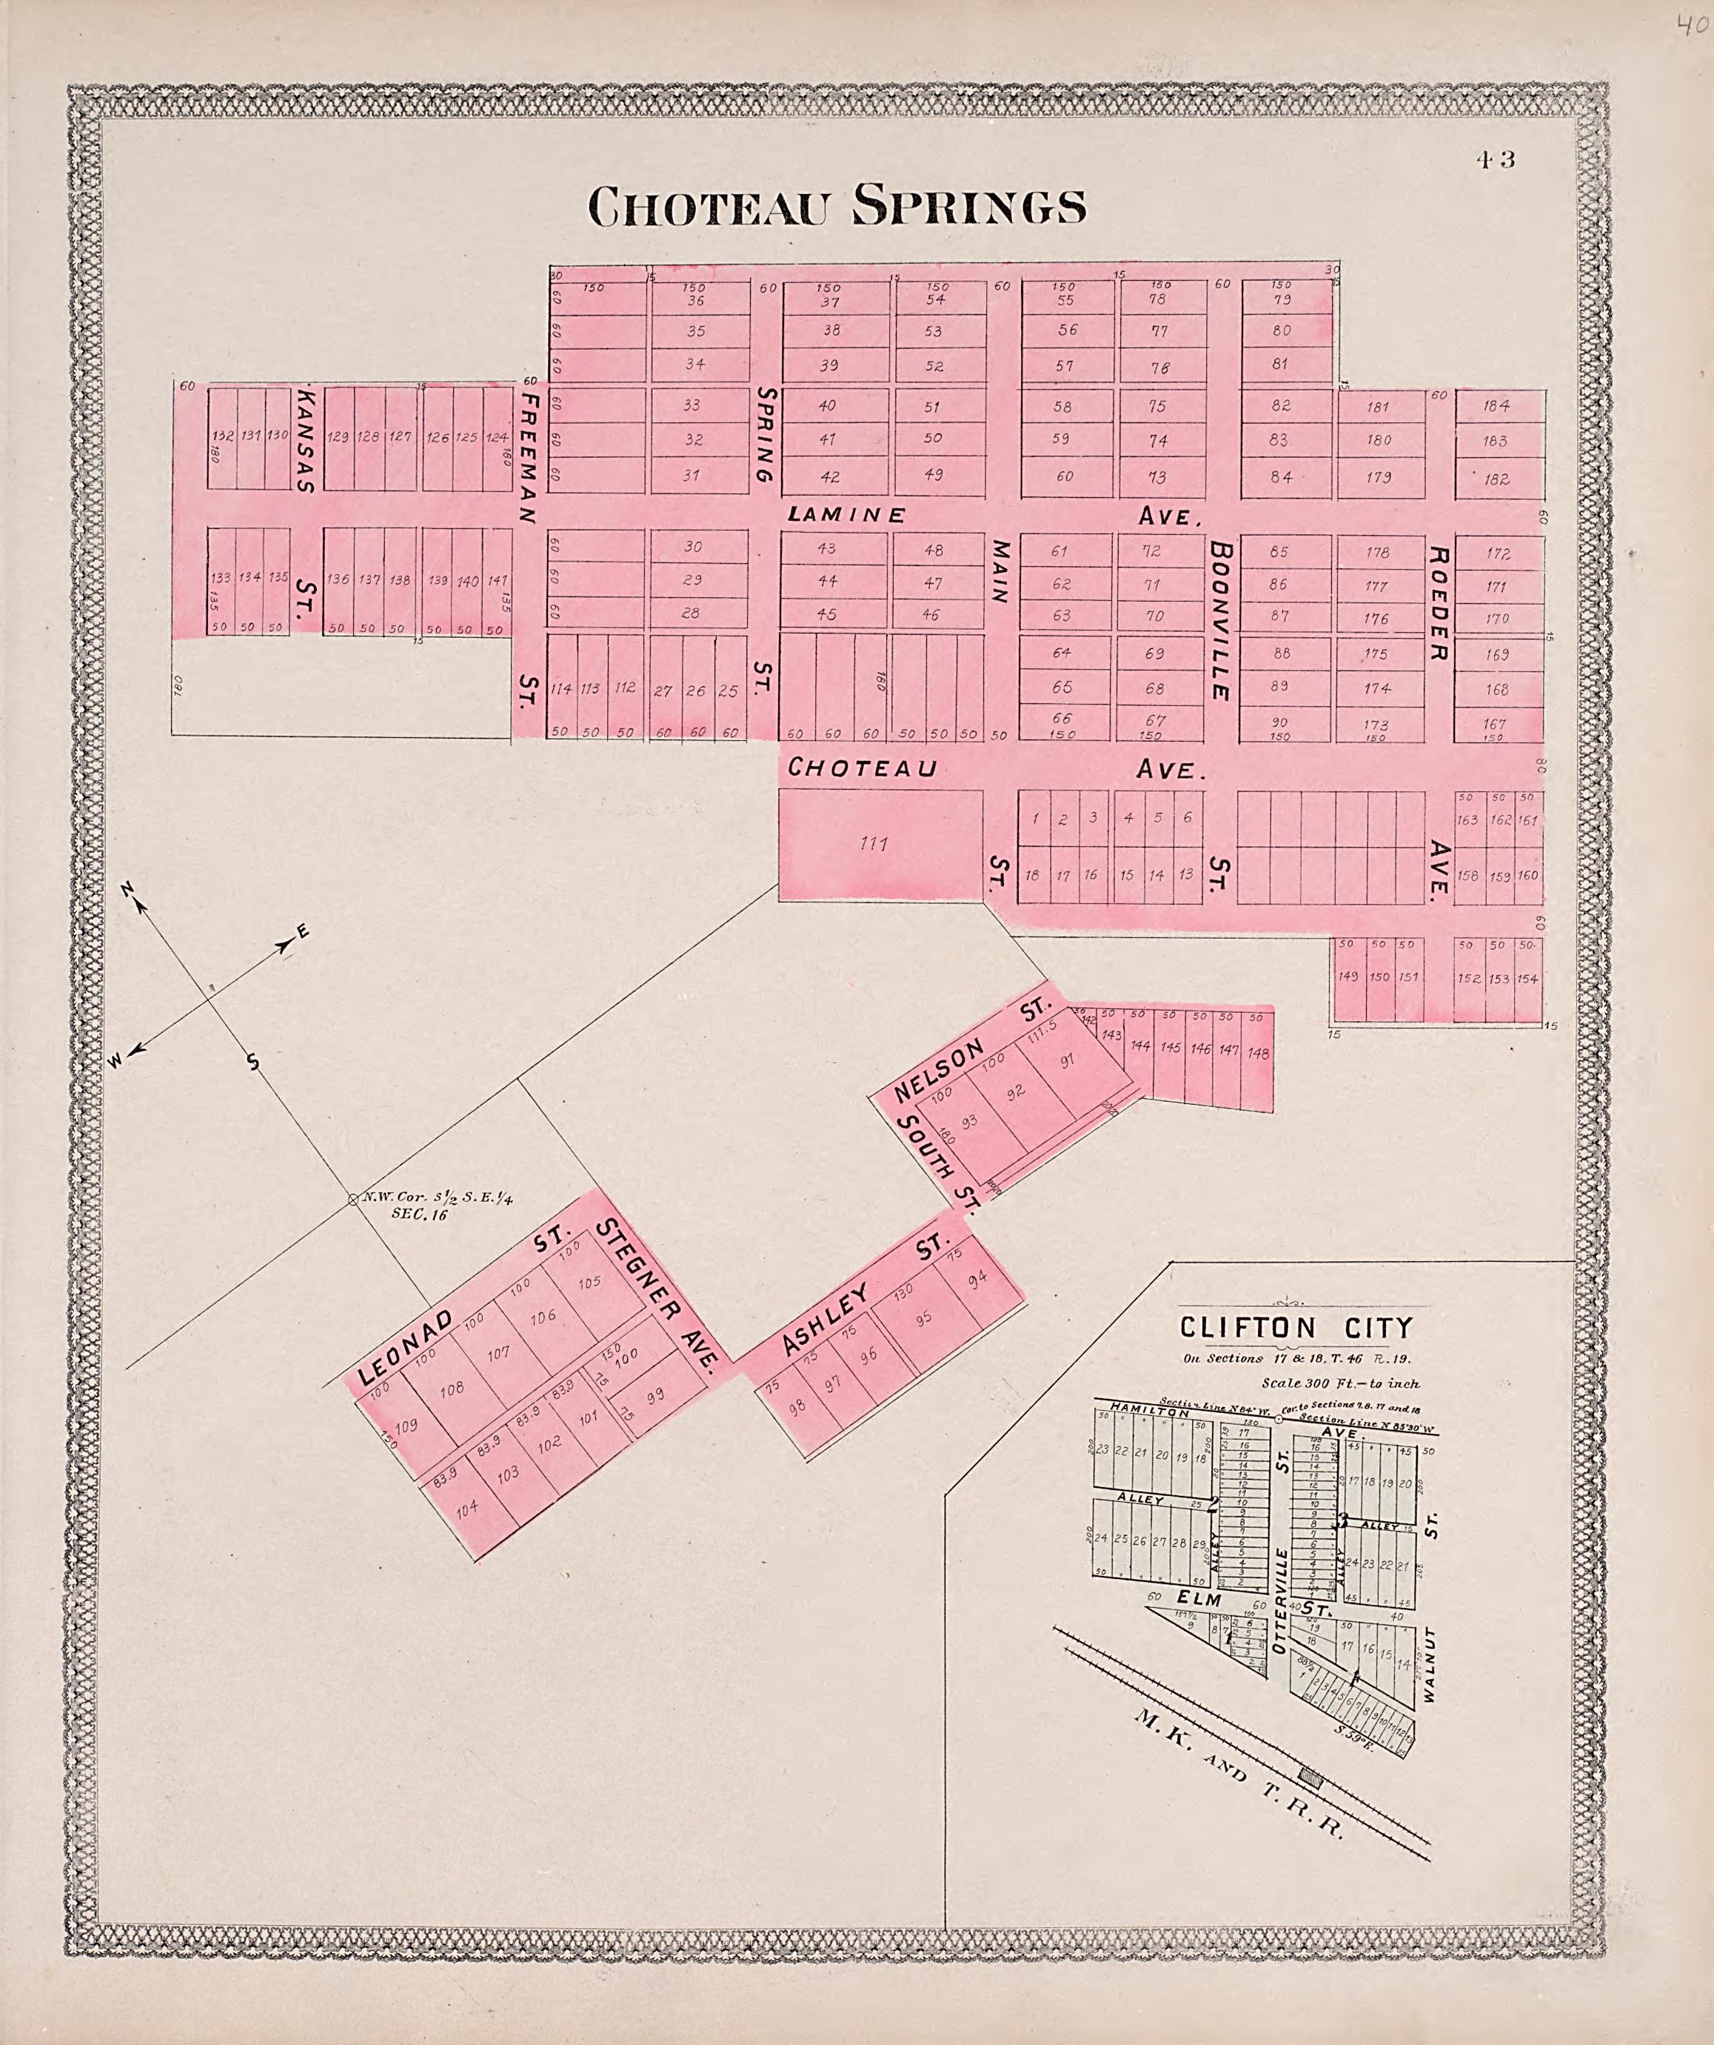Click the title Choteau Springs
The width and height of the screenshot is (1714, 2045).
pyautogui.click(x=837, y=205)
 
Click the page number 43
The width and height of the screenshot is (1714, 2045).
pyautogui.click(x=1494, y=159)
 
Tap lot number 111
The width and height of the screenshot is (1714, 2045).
pyautogui.click(x=873, y=843)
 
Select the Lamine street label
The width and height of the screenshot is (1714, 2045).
pyautogui.click(x=847, y=514)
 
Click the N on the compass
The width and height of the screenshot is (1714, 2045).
pyautogui.click(x=127, y=889)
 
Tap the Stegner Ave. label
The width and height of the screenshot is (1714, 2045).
pyautogui.click(x=662, y=1294)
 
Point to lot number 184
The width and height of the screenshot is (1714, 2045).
pyautogui.click(x=1497, y=406)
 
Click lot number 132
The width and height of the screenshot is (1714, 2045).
pyautogui.click(x=222, y=436)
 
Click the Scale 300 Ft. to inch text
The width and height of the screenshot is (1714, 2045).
pyautogui.click(x=1339, y=1383)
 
